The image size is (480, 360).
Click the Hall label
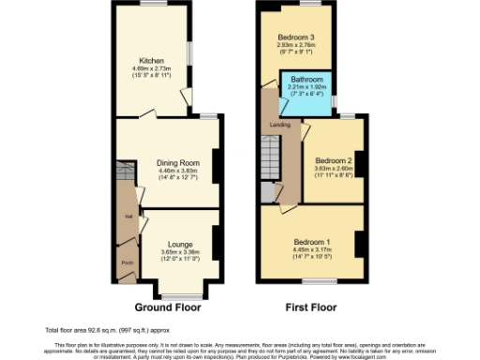126,217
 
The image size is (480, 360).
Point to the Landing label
277,125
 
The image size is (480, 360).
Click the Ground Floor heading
169,307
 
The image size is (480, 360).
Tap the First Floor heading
311,307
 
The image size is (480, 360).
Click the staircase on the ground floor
126,174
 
